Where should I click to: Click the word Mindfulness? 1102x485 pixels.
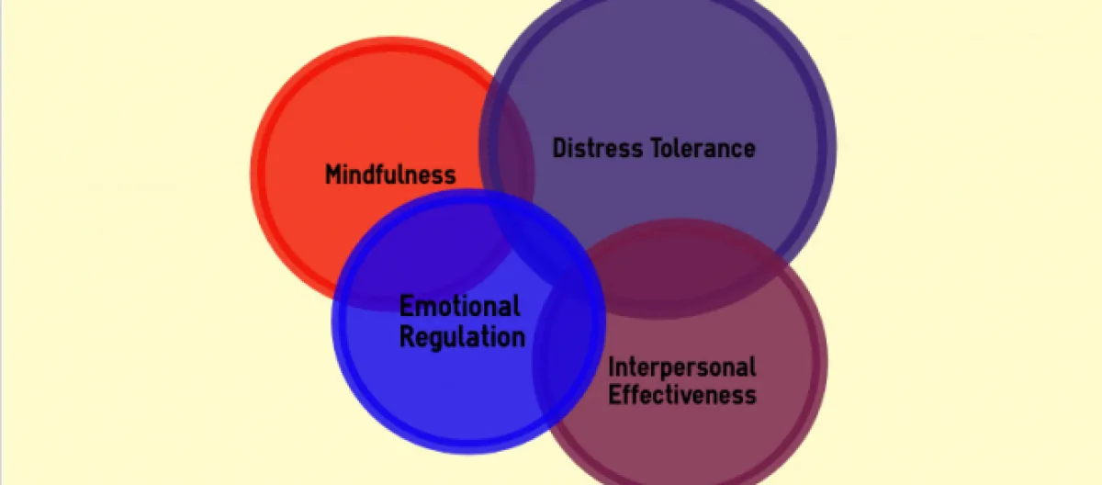[390, 175]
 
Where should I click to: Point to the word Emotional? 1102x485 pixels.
[459, 306]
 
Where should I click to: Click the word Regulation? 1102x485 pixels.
[462, 336]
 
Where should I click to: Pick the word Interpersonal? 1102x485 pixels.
[682, 367]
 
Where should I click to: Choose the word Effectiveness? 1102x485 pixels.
[682, 395]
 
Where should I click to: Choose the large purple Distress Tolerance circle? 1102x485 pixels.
[661, 83]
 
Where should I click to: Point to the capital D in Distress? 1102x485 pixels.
[559, 148]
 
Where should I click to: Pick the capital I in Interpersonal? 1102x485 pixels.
[612, 367]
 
